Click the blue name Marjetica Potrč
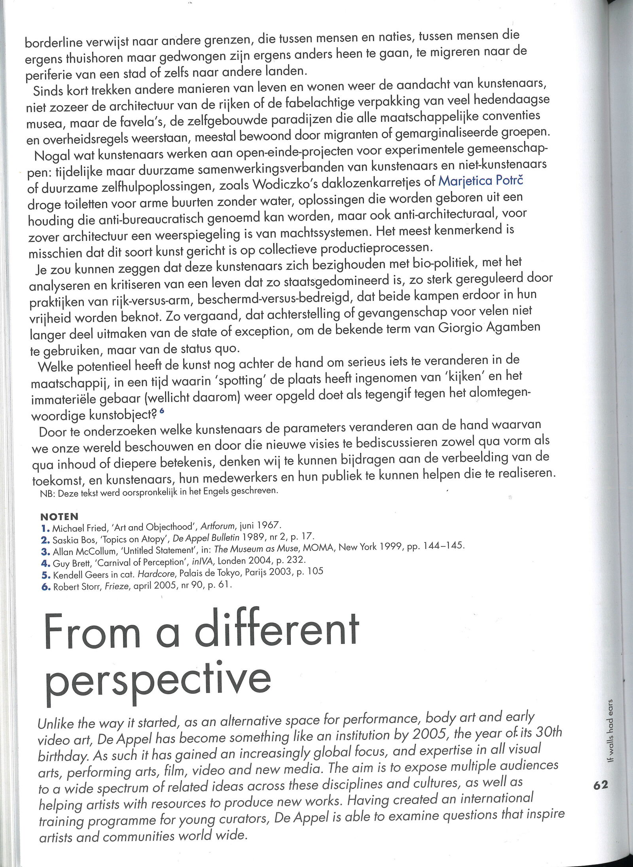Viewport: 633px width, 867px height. click(x=481, y=181)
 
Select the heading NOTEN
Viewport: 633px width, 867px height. click(x=59, y=516)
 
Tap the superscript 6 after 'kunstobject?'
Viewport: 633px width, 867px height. click(x=162, y=412)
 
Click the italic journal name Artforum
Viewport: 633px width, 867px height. click(x=216, y=526)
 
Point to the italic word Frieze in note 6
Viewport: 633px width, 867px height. click(x=118, y=586)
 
